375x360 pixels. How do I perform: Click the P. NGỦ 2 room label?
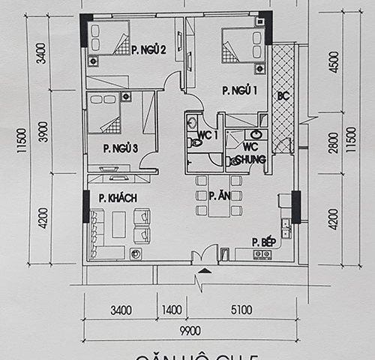click(148, 50)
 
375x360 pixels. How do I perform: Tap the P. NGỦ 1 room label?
click(239, 90)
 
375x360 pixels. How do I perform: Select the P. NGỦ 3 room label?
click(120, 148)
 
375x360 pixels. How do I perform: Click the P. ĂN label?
click(219, 196)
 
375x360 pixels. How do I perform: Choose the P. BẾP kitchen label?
click(263, 241)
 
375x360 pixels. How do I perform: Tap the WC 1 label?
click(207, 135)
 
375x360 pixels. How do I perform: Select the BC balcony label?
click(283, 96)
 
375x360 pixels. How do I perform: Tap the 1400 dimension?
click(172, 309)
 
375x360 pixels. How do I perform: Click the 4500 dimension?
click(324, 60)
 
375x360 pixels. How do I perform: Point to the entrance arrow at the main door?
click(200, 283)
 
